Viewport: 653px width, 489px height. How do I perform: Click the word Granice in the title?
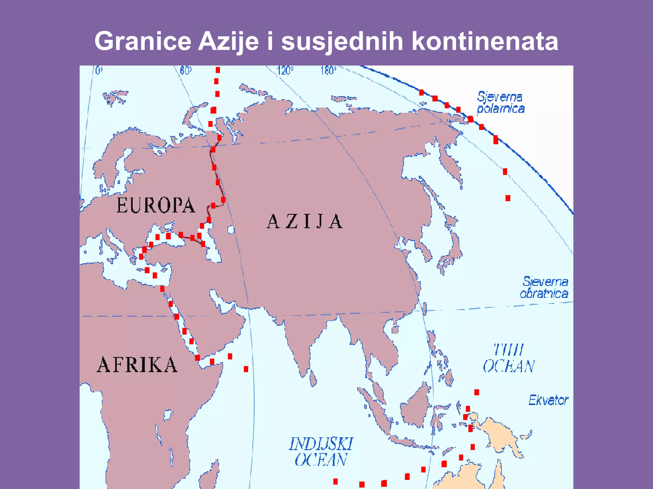tap(143, 41)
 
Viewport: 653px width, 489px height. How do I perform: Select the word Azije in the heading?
tap(228, 41)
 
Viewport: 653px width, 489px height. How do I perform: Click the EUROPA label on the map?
tap(156, 205)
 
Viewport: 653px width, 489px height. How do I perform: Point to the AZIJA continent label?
tap(304, 222)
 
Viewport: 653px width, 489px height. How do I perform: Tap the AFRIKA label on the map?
tap(137, 365)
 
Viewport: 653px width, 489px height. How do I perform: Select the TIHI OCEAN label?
tap(509, 358)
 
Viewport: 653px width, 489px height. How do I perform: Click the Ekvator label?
tap(548, 400)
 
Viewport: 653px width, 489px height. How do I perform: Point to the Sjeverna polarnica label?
tap(501, 103)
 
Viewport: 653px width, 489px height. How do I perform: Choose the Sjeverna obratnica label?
tap(544, 287)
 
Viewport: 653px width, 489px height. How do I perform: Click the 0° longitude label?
tap(99, 70)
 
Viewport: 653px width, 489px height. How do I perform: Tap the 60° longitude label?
tap(186, 70)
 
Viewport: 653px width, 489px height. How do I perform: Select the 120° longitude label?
tap(285, 70)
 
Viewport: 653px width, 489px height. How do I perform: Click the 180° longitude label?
tap(328, 70)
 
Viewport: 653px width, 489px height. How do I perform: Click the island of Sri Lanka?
tap(313, 379)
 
